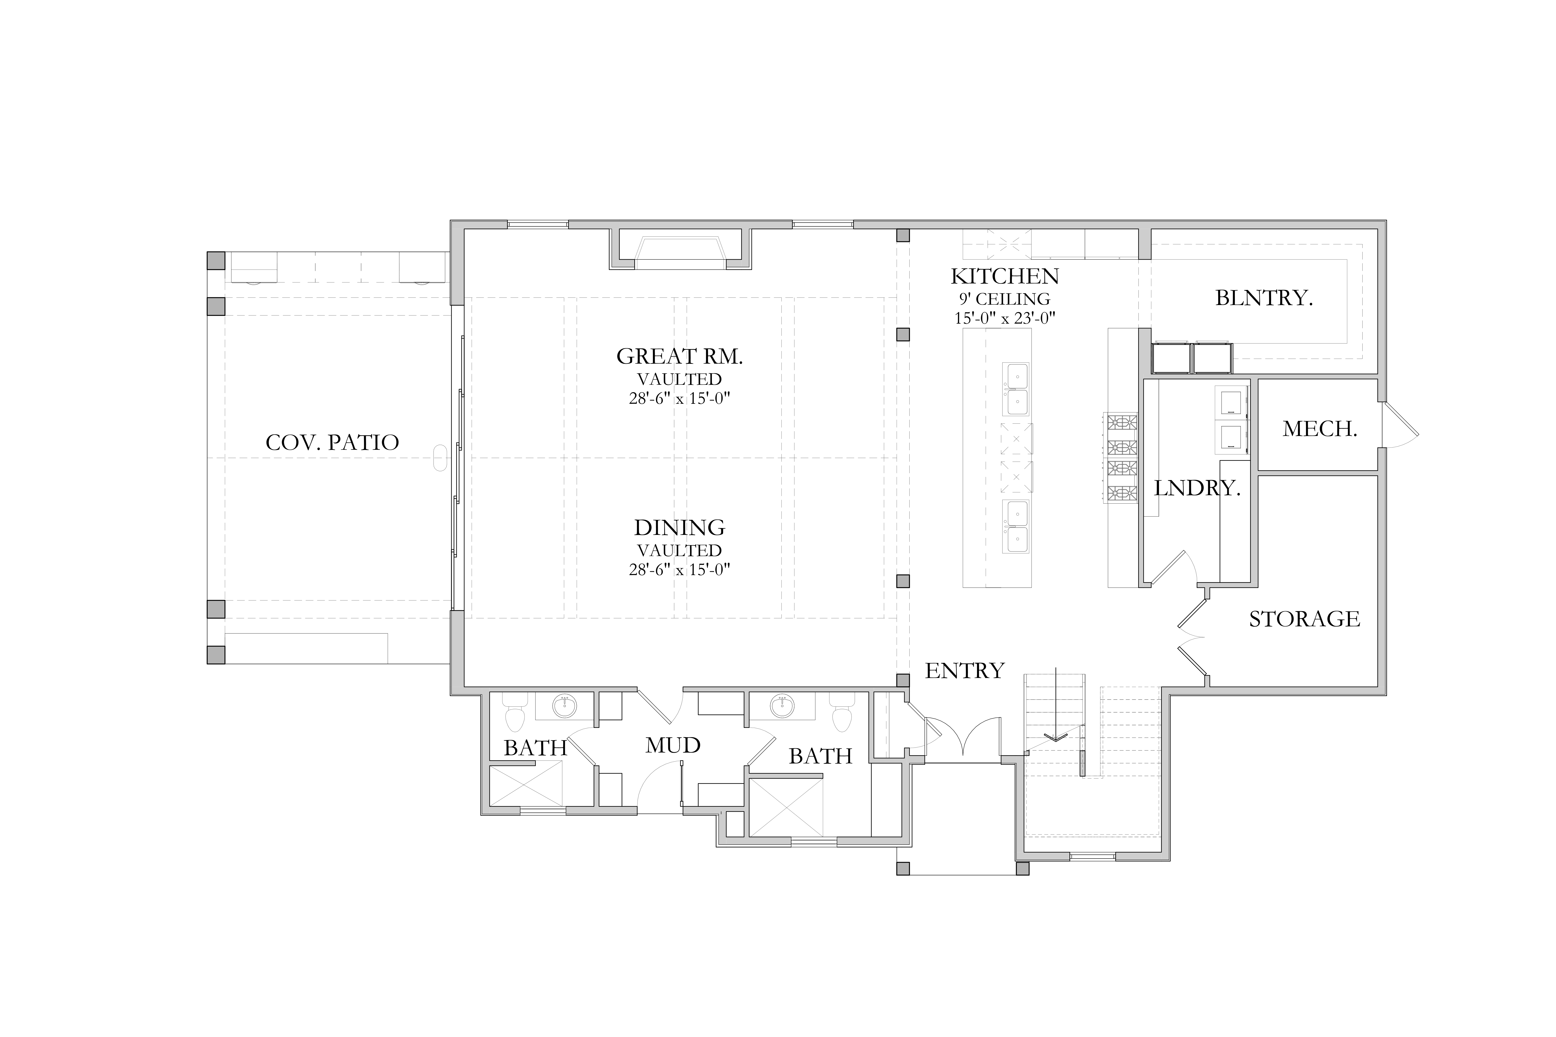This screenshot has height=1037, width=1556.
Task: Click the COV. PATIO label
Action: (x=332, y=442)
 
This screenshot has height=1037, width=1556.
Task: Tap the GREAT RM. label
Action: (x=679, y=356)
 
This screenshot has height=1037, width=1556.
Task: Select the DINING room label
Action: (x=679, y=528)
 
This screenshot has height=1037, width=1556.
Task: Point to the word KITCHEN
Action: (x=1004, y=276)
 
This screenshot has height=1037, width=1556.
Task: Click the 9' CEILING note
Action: (x=1004, y=299)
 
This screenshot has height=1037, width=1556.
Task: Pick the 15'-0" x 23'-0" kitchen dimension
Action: (x=1004, y=318)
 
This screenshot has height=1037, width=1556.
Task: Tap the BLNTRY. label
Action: (x=1264, y=298)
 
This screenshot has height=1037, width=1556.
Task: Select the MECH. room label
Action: (x=1320, y=429)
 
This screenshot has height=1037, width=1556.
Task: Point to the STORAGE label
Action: (x=1304, y=619)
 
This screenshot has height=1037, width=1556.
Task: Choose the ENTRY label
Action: (x=965, y=671)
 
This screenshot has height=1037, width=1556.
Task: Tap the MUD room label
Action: (x=673, y=745)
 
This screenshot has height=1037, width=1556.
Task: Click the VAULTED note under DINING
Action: (x=679, y=550)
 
